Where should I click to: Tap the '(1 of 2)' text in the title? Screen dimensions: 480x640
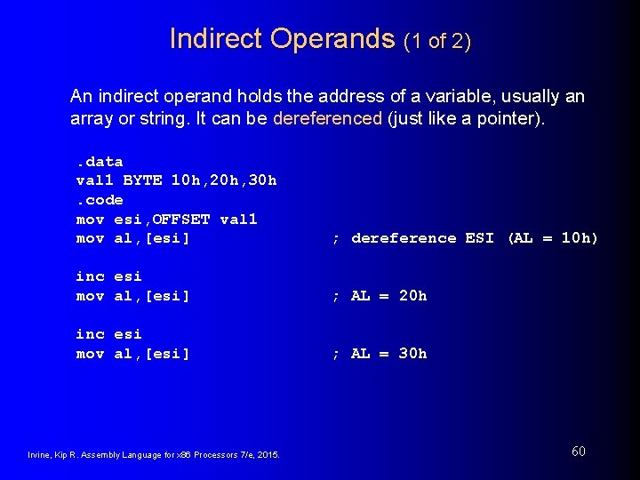[436, 41]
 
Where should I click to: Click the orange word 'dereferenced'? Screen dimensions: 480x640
[328, 118]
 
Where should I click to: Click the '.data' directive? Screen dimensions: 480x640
[99, 161]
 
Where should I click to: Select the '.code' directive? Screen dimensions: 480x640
[99, 200]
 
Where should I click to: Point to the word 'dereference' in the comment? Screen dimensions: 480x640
[404, 238]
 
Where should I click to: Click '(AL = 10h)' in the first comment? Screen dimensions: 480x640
[552, 238]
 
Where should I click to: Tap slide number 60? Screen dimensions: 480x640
[578, 452]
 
